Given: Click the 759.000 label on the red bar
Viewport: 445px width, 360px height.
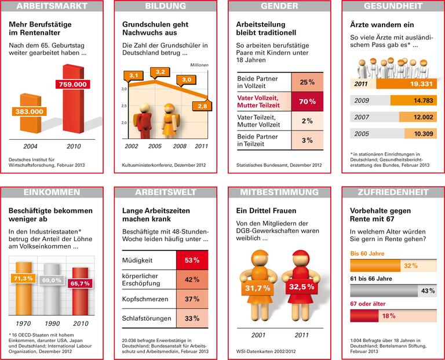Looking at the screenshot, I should [71, 84].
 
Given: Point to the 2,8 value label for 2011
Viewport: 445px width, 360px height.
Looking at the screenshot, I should [202, 106].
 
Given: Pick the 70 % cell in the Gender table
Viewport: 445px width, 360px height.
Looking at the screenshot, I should [307, 101].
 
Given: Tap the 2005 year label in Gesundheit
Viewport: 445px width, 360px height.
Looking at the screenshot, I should [362, 133].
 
